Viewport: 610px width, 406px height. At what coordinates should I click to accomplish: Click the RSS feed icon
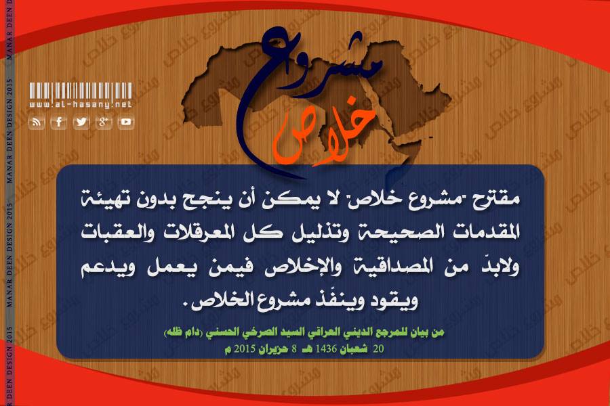pos(37,122)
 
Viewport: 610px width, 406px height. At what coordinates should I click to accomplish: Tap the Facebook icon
pos(59,122)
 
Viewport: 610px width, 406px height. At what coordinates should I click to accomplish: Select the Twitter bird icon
pos(81,122)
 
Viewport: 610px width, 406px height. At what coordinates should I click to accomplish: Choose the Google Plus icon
pos(104,122)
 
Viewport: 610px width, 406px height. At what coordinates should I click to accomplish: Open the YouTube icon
pos(125,122)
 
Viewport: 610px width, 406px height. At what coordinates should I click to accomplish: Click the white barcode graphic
pos(81,91)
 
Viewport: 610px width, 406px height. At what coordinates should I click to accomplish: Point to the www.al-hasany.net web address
pos(81,104)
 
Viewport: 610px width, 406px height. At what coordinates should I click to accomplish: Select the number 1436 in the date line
pos(326,348)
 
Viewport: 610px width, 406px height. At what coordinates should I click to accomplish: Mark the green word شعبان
pos(354,348)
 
